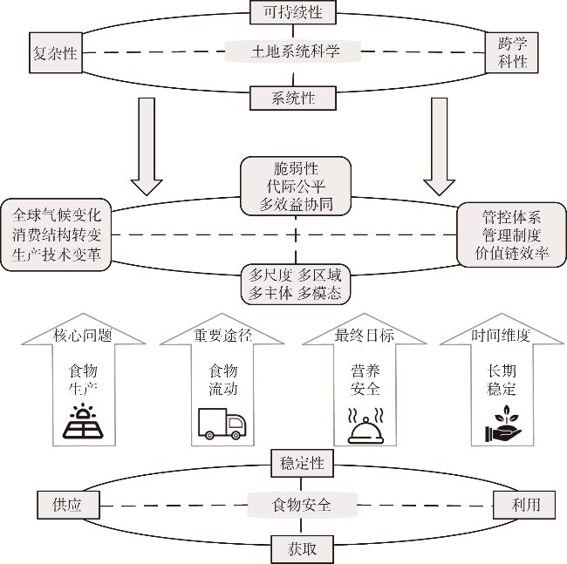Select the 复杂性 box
(x=53, y=53)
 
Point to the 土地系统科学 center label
(x=295, y=52)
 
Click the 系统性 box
(x=294, y=98)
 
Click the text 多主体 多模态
(x=296, y=294)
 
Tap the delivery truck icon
(x=222, y=425)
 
